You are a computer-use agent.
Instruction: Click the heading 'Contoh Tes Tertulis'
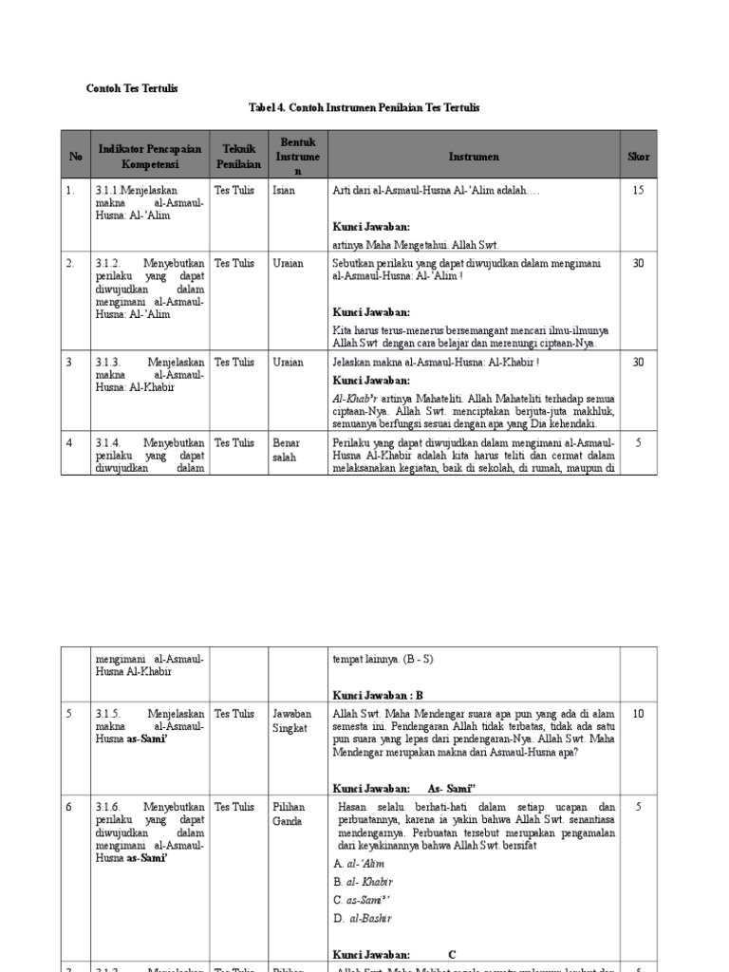point(132,88)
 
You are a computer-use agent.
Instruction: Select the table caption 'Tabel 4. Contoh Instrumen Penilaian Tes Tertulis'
point(364,108)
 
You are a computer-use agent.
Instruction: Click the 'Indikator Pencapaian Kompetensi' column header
point(149,157)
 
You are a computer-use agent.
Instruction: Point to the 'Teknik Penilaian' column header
point(238,157)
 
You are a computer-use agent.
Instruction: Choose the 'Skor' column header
point(638,157)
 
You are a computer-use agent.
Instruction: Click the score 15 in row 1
point(638,191)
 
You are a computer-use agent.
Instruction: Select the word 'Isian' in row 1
point(284,191)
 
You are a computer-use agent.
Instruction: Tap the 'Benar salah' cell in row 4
point(285,449)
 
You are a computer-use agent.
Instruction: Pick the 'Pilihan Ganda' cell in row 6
point(288,813)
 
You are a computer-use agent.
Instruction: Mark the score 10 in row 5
point(638,713)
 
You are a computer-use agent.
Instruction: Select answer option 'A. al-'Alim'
point(363,864)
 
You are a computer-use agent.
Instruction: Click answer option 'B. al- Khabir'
point(364,882)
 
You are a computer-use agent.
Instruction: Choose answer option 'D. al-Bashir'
point(363,918)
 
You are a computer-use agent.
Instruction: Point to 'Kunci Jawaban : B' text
point(378,695)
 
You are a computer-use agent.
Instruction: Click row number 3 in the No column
point(69,362)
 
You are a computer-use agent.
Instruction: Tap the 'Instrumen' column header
point(475,157)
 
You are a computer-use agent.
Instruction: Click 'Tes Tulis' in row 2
point(234,263)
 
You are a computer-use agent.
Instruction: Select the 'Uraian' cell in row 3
point(288,362)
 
